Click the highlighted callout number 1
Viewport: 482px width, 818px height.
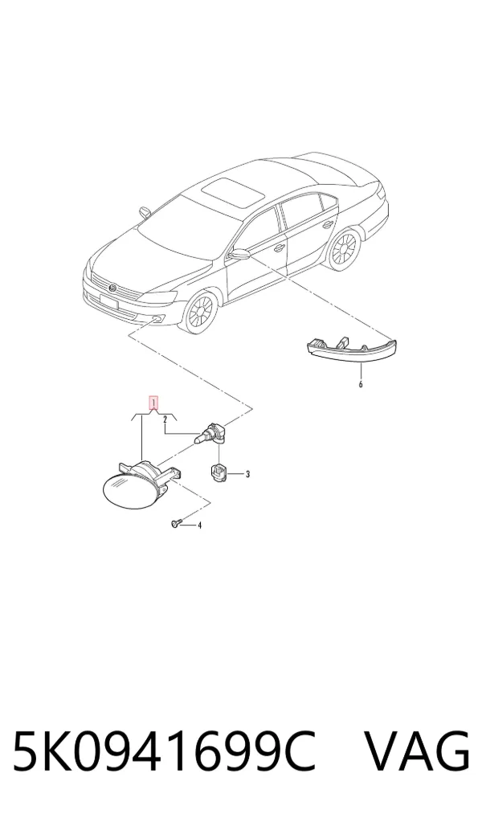[153, 403]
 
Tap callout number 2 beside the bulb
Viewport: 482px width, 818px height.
[165, 419]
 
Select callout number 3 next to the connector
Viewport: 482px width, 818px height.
[247, 474]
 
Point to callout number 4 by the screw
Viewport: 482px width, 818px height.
[199, 525]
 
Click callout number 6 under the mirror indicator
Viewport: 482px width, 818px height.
[361, 384]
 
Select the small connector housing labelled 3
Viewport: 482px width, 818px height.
[217, 472]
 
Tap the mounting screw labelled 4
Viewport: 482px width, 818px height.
[175, 523]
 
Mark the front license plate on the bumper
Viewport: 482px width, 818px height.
[110, 302]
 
